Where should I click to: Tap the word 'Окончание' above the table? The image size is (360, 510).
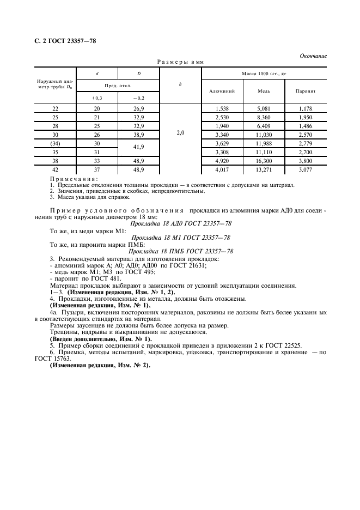pos(313,56)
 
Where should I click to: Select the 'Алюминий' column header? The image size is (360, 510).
pos(218,90)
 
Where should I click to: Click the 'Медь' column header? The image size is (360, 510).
pos(264,90)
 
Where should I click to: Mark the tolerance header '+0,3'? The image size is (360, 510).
pos(97,98)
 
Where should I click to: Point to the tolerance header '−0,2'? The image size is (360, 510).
pos(139,98)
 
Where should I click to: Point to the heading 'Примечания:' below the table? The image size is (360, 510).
pos(74,179)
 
